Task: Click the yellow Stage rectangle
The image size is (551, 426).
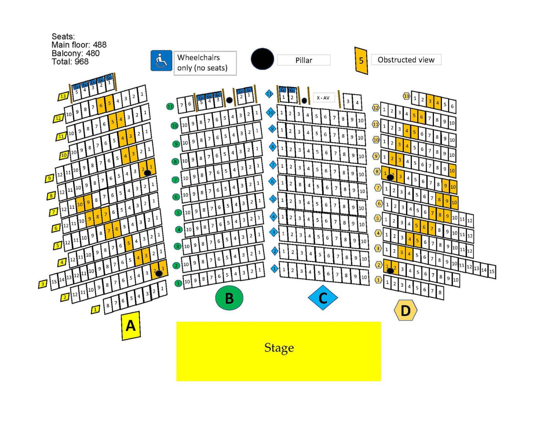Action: [278, 351]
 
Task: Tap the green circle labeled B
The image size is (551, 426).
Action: [229, 298]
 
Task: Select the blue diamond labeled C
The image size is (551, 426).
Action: [323, 297]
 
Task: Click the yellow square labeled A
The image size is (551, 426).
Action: [131, 325]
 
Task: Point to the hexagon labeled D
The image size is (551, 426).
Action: [405, 310]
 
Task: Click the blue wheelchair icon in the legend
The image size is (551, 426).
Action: [161, 61]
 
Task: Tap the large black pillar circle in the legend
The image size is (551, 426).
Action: [262, 59]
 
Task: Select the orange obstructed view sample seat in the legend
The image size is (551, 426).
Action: [361, 61]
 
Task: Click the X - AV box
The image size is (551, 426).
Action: [323, 98]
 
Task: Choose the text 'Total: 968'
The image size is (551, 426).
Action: [70, 62]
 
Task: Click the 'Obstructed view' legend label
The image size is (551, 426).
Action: [406, 60]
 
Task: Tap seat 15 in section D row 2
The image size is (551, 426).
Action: [492, 271]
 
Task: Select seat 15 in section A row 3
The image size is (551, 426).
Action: [54, 282]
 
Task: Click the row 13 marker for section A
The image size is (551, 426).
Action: [63, 97]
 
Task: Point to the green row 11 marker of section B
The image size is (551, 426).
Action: [170, 106]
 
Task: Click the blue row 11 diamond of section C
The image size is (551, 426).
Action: [269, 93]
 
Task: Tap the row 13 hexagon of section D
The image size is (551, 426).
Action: [407, 96]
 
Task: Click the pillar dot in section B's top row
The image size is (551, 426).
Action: [229, 100]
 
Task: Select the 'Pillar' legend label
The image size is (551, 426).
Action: [304, 60]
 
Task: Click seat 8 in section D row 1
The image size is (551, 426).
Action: [440, 293]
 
